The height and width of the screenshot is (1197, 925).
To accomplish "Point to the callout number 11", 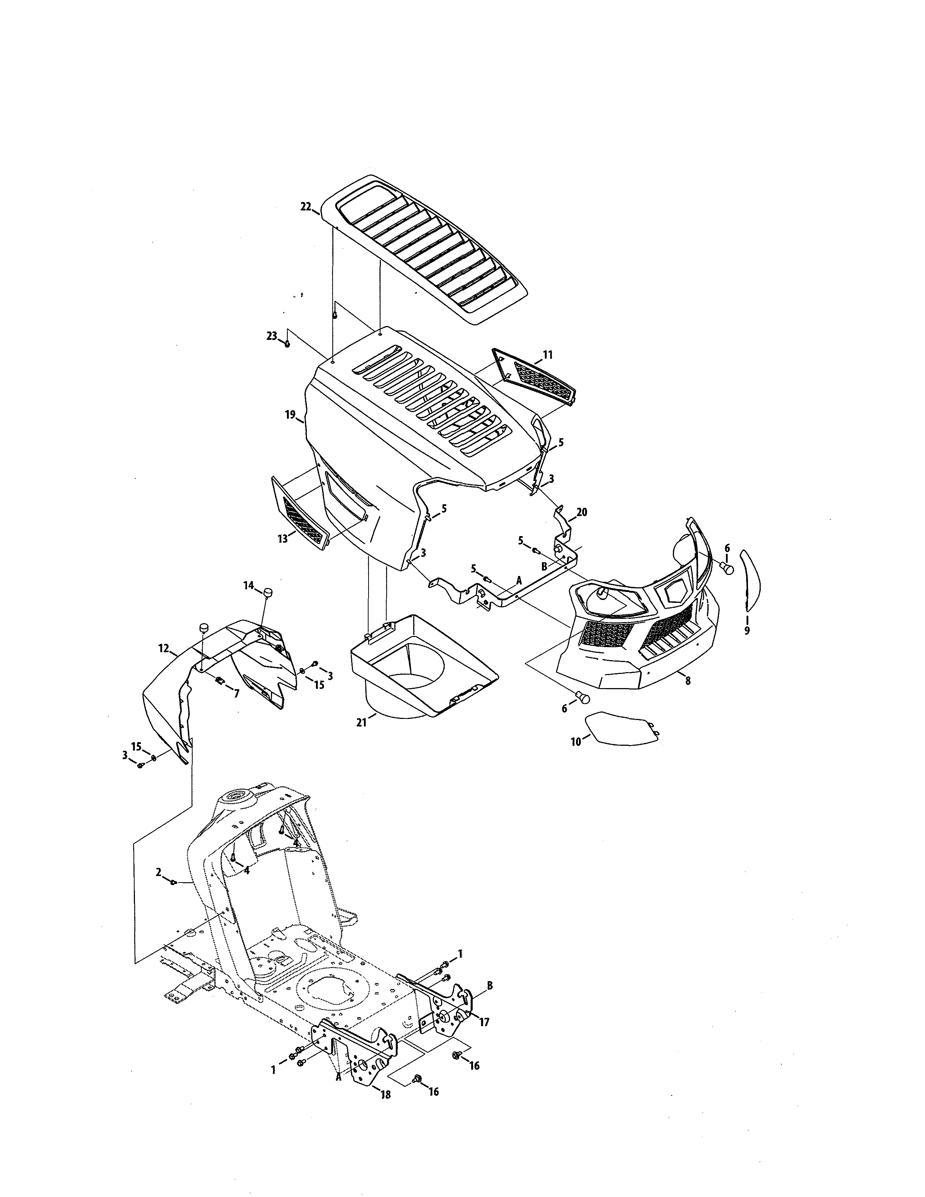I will click(547, 355).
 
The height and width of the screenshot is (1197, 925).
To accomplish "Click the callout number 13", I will click(282, 539).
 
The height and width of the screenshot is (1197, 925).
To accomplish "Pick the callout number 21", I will click(361, 722).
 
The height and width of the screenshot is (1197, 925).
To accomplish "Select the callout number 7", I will click(236, 693).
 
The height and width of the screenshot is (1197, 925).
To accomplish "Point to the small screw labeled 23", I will click(287, 344).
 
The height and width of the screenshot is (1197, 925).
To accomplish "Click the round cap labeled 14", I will click(268, 592).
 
